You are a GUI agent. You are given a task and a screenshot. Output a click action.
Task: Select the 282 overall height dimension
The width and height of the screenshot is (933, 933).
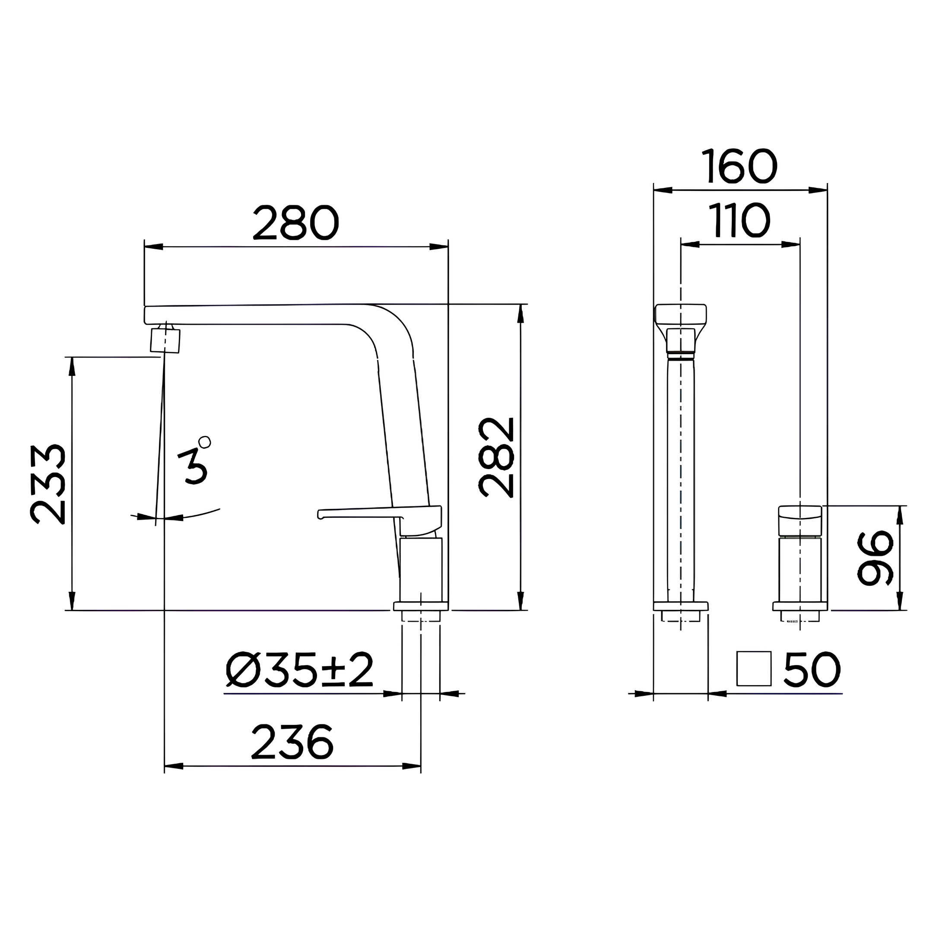[496, 457]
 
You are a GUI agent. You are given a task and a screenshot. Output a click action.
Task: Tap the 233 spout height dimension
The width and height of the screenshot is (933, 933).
[48, 484]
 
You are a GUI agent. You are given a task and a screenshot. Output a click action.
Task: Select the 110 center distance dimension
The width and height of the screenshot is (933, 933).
[739, 221]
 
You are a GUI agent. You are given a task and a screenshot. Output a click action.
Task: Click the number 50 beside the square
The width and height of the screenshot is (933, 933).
[812, 670]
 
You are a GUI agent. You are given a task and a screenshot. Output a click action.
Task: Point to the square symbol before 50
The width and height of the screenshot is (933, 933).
[753, 668]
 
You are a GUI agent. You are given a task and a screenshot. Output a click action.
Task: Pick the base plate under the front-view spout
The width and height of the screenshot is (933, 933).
[680, 606]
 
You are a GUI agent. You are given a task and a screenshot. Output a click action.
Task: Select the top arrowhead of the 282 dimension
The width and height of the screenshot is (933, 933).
[520, 314]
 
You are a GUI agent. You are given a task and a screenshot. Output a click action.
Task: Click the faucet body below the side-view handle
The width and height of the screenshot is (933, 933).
[421, 570]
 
